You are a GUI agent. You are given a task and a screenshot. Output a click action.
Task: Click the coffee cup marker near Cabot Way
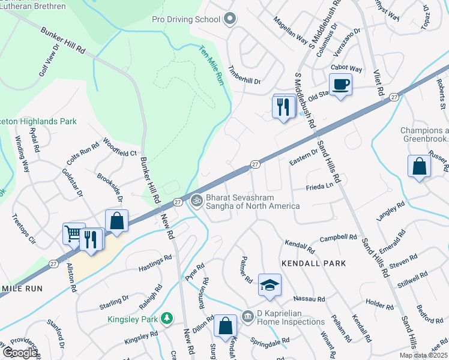click(x=340, y=85)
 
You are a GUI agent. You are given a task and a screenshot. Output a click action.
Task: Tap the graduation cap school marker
click(x=270, y=285)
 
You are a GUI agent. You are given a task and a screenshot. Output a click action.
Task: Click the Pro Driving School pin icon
click(x=229, y=19)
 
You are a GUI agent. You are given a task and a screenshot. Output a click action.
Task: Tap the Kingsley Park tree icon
click(x=169, y=319)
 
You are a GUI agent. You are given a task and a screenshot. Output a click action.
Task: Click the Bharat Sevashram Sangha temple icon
click(x=195, y=201)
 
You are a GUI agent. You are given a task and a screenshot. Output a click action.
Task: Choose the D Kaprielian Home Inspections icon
click(x=247, y=316)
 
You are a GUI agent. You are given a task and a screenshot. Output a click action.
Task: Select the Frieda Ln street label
click(x=321, y=187)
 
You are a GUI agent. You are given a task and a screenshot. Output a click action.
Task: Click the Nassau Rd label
click(x=309, y=298)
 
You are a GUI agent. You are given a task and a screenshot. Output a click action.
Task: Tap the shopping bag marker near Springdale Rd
click(x=225, y=326)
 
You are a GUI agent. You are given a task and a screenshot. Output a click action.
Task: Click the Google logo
click(x=20, y=353)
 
